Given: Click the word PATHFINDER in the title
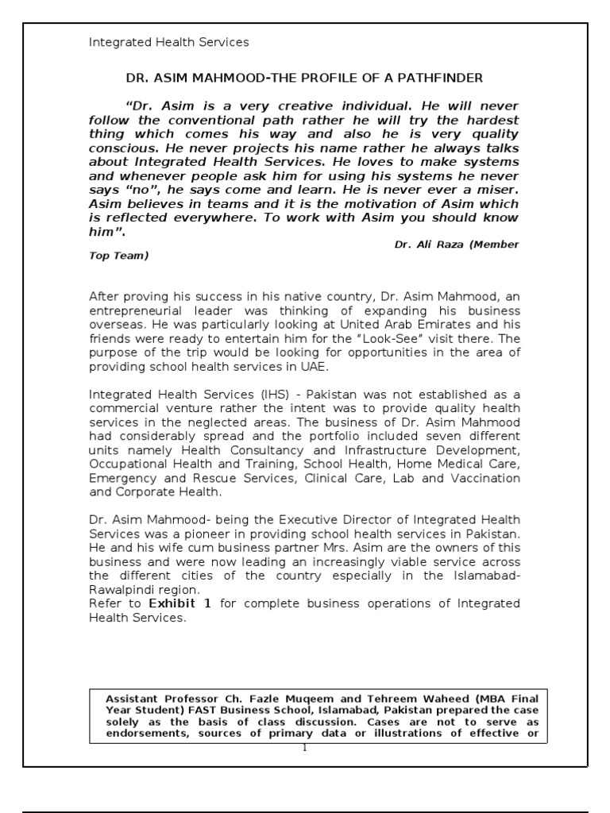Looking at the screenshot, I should (x=442, y=78).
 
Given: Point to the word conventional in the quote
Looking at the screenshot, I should (x=217, y=119).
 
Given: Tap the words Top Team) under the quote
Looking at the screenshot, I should (x=118, y=256).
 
